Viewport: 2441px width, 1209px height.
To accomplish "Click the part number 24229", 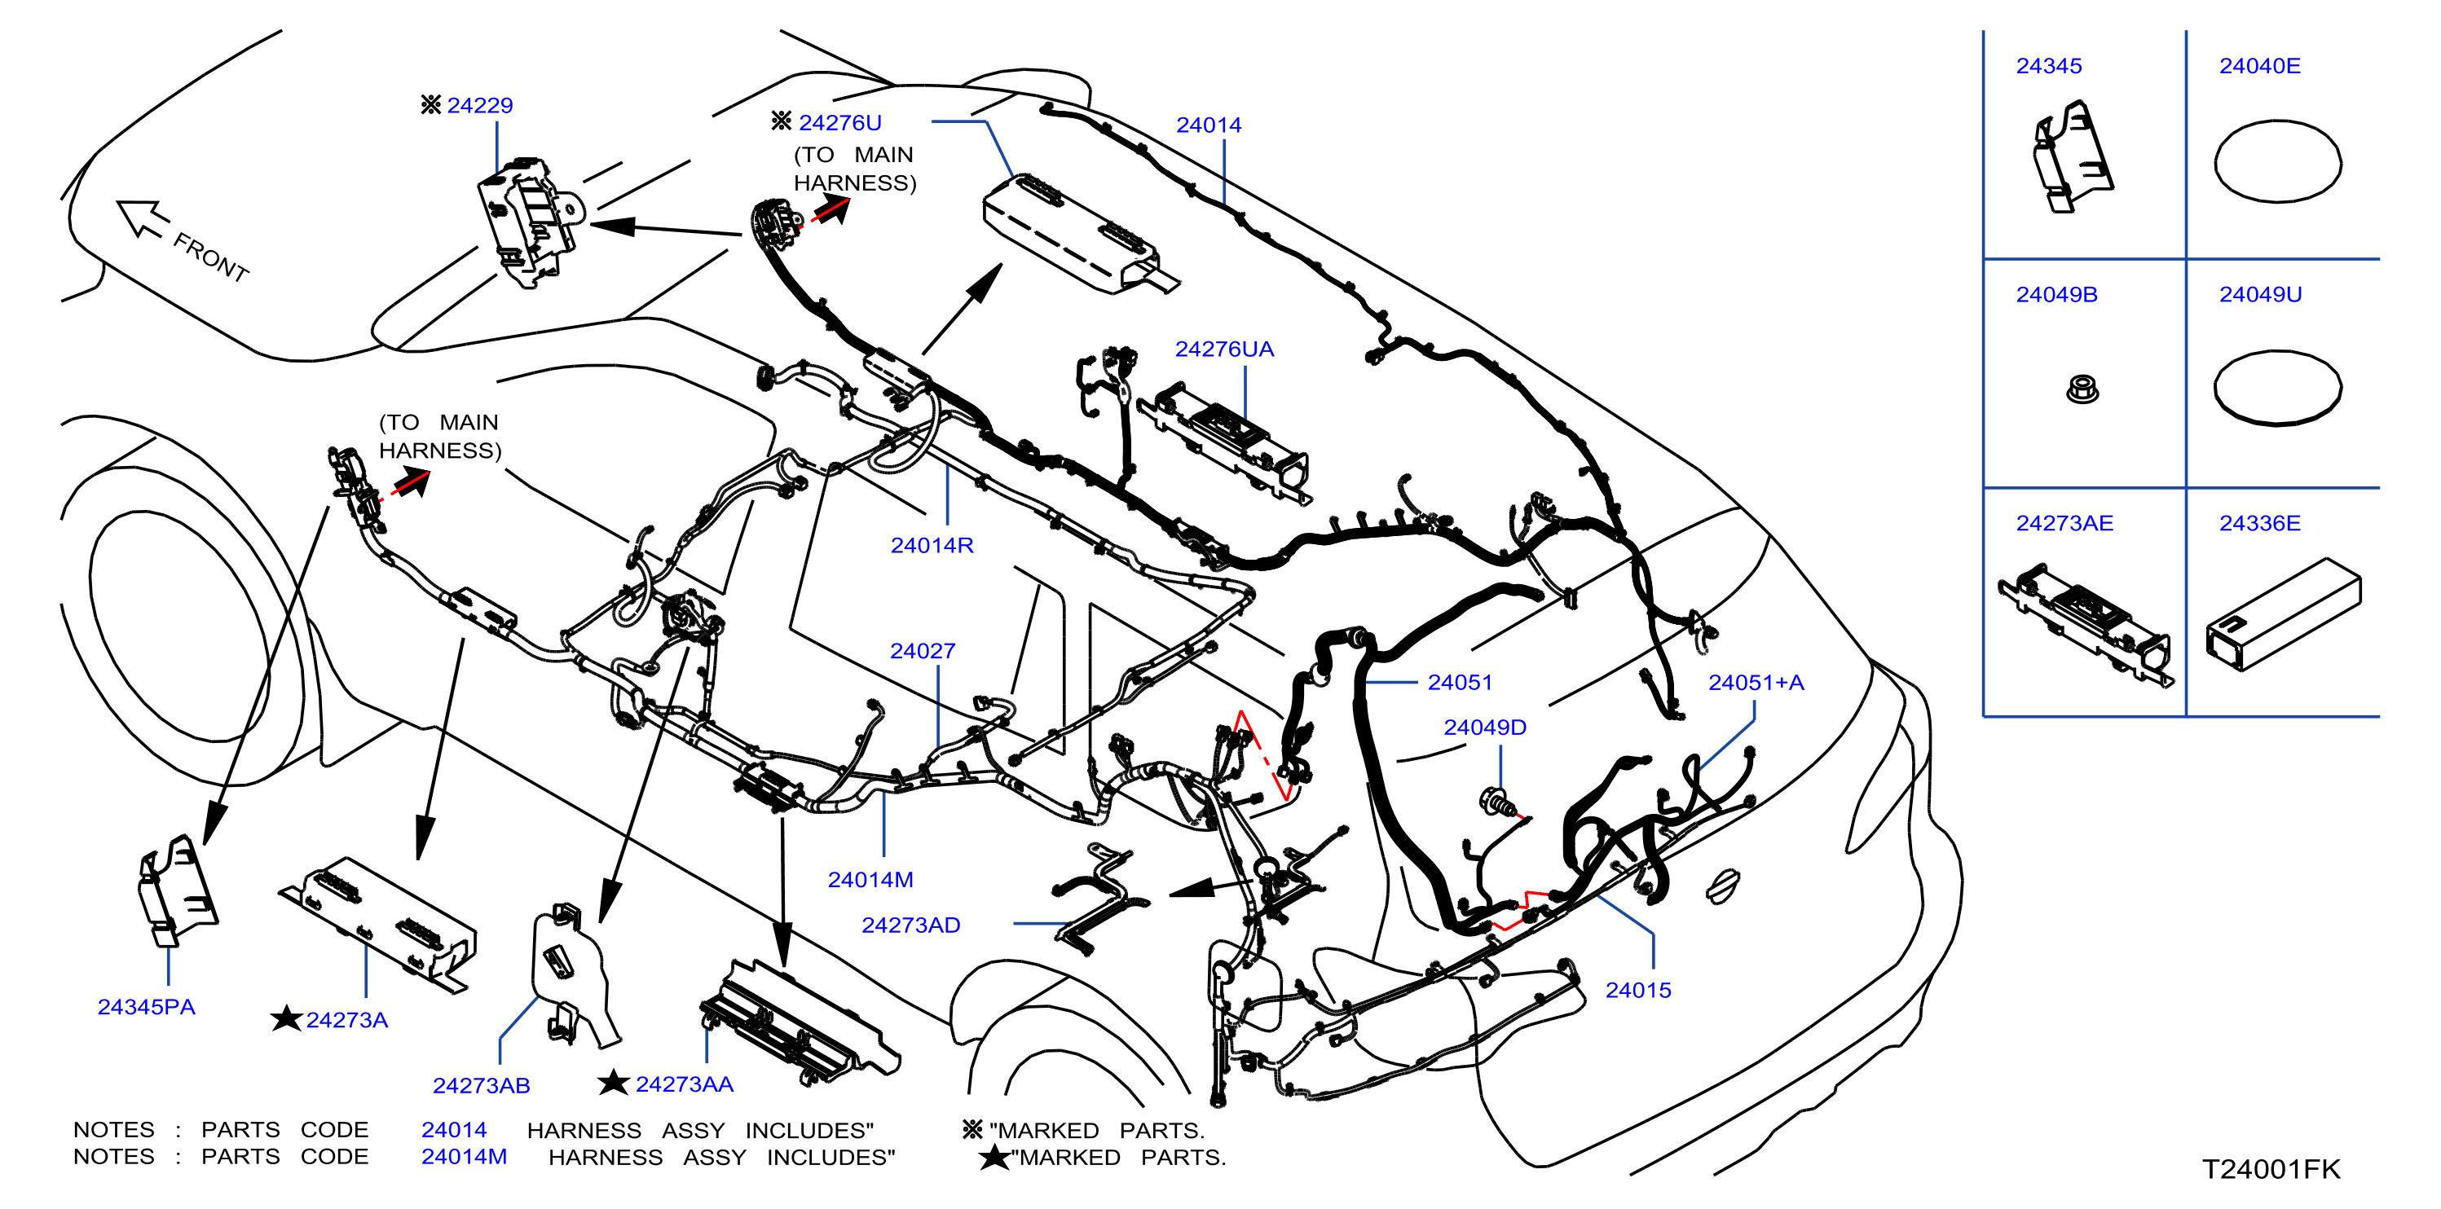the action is tap(479, 105).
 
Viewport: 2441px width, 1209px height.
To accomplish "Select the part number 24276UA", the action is tap(1224, 349).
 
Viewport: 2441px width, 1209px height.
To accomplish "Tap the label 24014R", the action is tap(932, 545).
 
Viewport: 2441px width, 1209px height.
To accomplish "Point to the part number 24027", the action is tap(922, 651).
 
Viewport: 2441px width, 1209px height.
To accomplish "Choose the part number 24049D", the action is tap(1485, 727).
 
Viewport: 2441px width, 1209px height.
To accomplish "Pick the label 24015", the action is tap(1637, 990).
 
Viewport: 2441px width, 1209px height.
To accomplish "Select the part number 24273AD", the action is tap(910, 925).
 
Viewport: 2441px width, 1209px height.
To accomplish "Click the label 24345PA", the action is tap(146, 1006).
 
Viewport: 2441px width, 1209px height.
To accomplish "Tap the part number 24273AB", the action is tap(482, 1085).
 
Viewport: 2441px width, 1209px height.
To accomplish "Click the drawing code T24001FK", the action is tap(2271, 1169).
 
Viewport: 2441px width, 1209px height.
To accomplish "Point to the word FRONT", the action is tap(210, 257).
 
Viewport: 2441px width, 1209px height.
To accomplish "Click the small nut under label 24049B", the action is tap(2082, 389).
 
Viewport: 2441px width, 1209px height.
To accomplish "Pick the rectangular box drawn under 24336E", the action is tap(2284, 614).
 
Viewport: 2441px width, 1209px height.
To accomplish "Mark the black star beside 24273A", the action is tap(286, 1018).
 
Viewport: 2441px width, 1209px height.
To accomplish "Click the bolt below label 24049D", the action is tap(1497, 802).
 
